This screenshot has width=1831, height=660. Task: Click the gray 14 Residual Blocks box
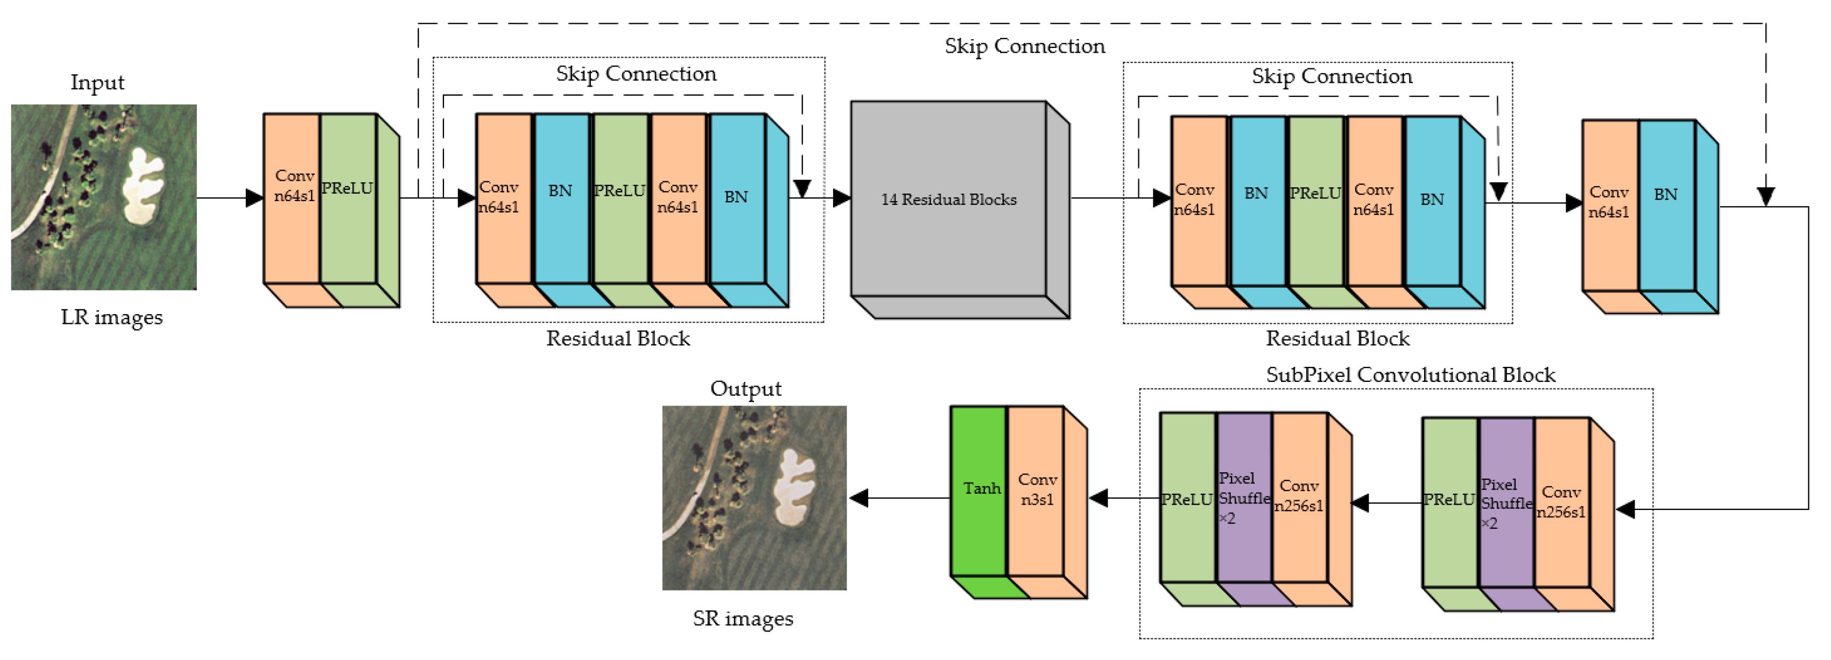948,200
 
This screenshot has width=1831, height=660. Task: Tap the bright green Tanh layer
979,489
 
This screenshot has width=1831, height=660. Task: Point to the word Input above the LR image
97,82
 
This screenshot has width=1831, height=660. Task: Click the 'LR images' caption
111,317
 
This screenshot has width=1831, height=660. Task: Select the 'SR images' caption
743,618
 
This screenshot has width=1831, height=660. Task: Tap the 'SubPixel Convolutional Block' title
1410,374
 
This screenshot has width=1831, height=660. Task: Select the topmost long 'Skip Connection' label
1024,46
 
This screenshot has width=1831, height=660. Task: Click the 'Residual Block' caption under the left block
618,338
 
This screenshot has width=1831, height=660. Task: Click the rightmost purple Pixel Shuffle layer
1505,502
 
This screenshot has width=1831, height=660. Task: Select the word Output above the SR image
745,388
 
